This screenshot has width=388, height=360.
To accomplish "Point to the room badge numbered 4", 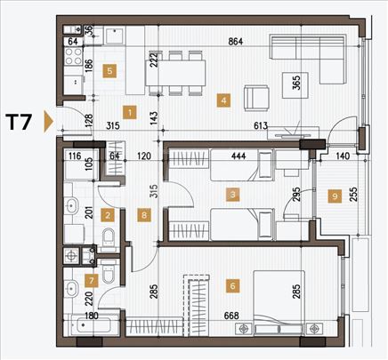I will (223, 100).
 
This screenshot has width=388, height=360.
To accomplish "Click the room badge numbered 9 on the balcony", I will (334, 196).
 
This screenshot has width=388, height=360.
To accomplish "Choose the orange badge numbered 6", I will (232, 286).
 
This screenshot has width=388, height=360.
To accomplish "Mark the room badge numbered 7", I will (89, 281).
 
